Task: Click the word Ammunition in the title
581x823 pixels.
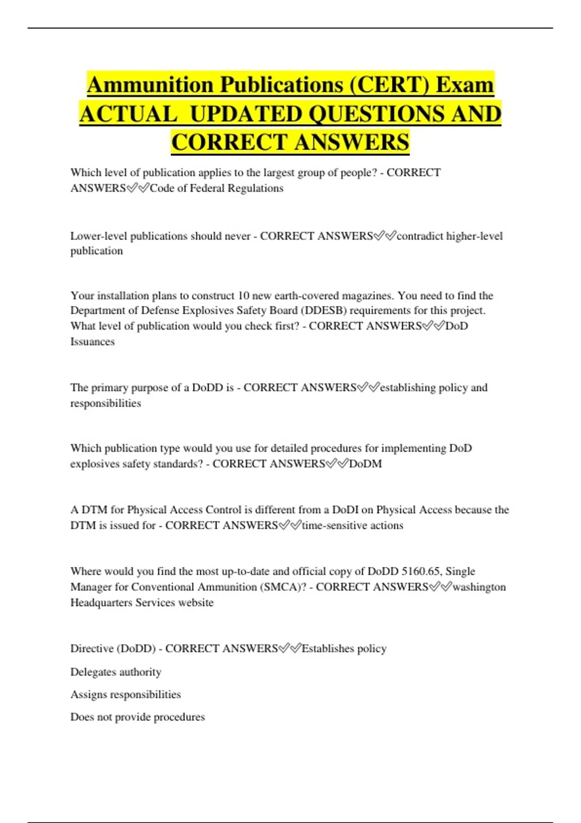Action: coord(151,85)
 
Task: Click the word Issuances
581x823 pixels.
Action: coord(92,341)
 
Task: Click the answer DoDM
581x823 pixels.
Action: coord(366,464)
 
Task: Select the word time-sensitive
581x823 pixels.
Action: coord(334,525)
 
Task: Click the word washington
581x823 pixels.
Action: coord(479,587)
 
